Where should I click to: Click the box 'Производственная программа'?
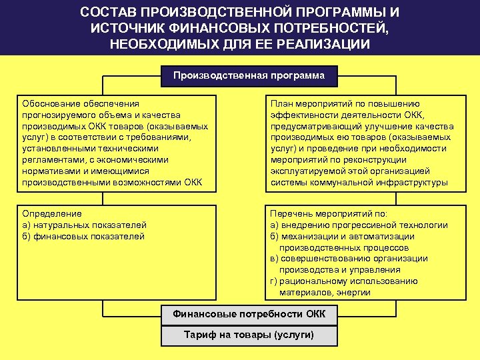(x=249, y=75)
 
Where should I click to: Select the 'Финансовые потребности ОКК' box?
(x=249, y=313)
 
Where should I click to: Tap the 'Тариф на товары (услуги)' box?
(x=249, y=335)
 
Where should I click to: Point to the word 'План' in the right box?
(x=280, y=104)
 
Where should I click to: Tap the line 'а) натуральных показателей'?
(x=84, y=225)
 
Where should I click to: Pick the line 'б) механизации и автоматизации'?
(x=342, y=237)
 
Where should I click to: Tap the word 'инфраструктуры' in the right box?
(x=415, y=182)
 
